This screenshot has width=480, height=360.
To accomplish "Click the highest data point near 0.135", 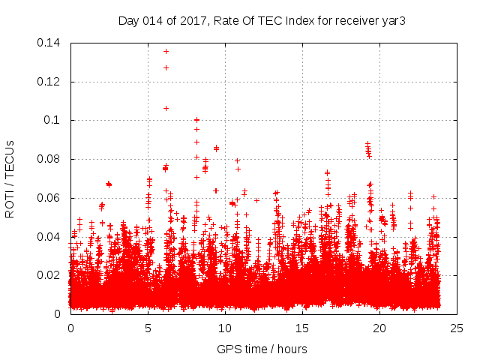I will [x=166, y=51].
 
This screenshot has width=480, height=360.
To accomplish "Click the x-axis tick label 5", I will [x=148, y=328].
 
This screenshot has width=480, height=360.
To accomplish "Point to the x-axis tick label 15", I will [x=302, y=328].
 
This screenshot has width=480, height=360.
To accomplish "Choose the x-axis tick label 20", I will [x=379, y=328].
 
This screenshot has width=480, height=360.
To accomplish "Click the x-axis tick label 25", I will [x=457, y=328].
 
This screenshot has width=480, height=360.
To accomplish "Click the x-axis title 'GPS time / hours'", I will [x=262, y=349].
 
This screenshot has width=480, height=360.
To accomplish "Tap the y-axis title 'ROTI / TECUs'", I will [x=10, y=178].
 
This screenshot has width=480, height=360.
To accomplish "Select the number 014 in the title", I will [x=151, y=20].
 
